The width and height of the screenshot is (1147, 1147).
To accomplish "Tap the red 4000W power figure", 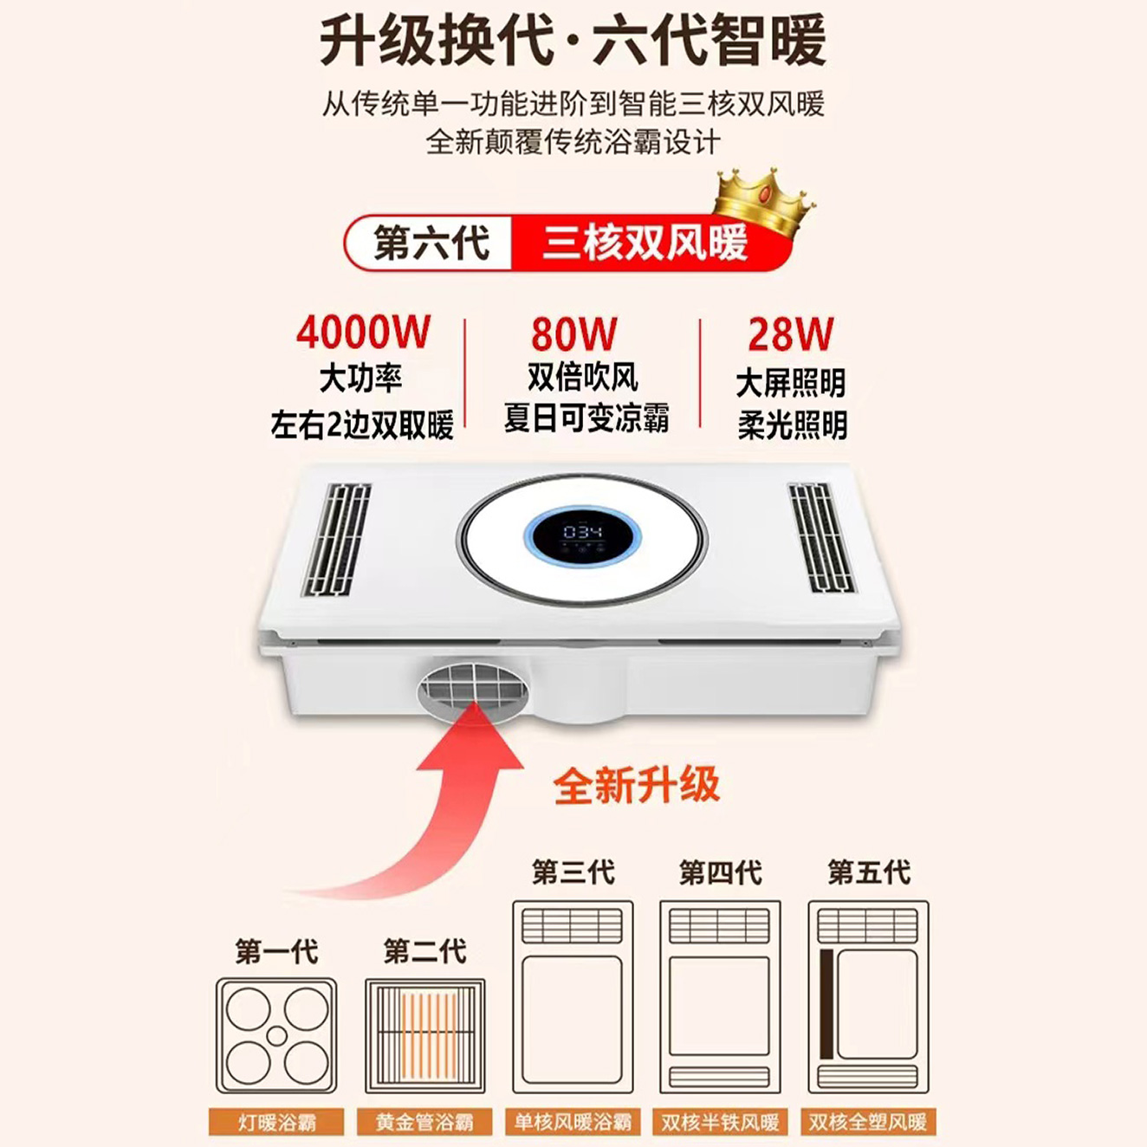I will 363,332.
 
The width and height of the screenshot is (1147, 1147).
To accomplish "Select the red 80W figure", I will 574,334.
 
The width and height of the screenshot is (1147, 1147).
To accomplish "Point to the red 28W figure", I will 791,334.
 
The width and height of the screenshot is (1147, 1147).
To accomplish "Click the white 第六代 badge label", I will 431,243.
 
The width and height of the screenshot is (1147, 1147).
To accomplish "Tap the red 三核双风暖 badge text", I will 645,243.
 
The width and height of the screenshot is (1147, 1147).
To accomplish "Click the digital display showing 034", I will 582,531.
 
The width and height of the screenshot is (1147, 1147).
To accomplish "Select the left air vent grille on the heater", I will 336,539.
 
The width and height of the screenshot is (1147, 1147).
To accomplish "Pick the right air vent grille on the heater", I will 820,537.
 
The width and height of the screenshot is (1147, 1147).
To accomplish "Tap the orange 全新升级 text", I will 637,786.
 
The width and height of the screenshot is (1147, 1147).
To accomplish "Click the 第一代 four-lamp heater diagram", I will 276,1035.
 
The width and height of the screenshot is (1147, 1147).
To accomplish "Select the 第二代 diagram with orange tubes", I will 424,1035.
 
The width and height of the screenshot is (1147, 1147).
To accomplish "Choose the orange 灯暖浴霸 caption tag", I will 276,1122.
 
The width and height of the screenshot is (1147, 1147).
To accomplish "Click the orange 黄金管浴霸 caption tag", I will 424,1122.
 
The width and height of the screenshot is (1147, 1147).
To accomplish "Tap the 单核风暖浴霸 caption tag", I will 573,1122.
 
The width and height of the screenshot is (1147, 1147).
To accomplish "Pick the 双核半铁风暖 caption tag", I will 720,1122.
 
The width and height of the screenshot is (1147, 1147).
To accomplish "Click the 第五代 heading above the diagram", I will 869,872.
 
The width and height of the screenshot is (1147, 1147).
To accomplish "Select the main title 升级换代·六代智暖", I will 573,41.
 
